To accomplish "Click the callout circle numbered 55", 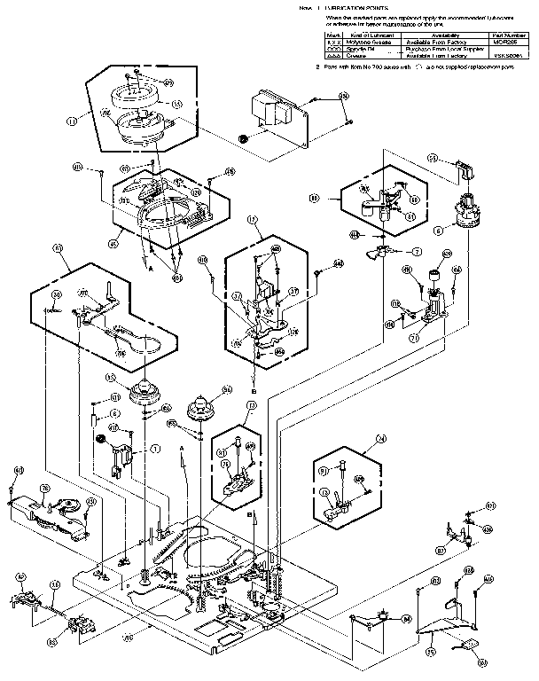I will point(433,158).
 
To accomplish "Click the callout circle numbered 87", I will point(441,550).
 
